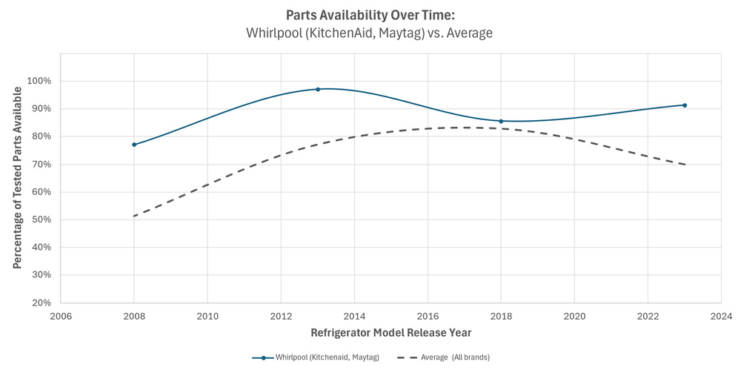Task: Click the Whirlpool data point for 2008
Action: tap(134, 145)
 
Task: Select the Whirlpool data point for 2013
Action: tap(318, 89)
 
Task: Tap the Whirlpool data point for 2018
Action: tap(501, 121)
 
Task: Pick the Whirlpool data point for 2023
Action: tap(685, 105)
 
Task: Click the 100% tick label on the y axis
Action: tap(39, 81)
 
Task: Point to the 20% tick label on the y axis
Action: tap(41, 303)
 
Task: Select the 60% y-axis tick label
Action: tap(41, 192)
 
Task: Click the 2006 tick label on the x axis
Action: tap(61, 314)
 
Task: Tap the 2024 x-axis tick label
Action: tap(721, 314)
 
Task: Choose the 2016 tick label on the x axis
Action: tap(428, 314)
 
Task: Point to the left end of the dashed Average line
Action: tap(134, 216)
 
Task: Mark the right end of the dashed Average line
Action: tap(685, 164)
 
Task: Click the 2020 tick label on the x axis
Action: tap(574, 314)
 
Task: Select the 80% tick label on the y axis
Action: tap(41, 136)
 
